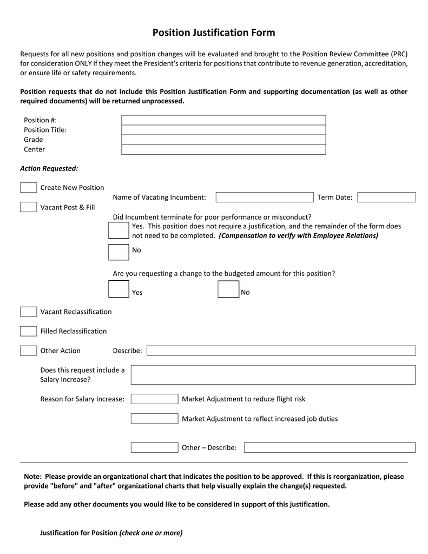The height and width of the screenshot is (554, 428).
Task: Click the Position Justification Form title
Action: click(x=213, y=33)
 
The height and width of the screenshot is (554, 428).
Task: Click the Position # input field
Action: click(x=223, y=120)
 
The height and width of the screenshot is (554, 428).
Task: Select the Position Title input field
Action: click(x=223, y=130)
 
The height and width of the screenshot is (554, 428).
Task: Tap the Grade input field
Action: click(x=223, y=140)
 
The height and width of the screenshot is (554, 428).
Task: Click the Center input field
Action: click(x=223, y=149)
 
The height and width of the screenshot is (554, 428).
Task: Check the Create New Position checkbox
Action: click(x=29, y=188)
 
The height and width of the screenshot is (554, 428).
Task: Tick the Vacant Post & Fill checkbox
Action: click(x=29, y=207)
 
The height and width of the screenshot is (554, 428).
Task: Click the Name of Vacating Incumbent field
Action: click(x=265, y=197)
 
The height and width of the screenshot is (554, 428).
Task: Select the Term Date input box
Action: click(x=386, y=197)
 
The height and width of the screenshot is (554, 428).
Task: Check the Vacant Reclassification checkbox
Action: click(x=29, y=312)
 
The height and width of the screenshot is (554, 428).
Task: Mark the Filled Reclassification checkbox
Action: click(x=29, y=331)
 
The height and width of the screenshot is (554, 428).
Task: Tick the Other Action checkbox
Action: click(x=29, y=351)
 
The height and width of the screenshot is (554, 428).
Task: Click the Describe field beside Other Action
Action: click(x=281, y=351)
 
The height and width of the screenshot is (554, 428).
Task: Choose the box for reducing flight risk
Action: click(x=154, y=399)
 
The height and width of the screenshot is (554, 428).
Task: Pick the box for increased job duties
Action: click(x=154, y=419)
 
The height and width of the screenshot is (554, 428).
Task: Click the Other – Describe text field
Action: click(x=330, y=447)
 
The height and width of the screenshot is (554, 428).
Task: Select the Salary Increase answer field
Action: click(x=273, y=374)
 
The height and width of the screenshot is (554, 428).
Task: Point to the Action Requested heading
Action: click(x=49, y=168)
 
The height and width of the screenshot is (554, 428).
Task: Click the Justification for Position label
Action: click(x=79, y=533)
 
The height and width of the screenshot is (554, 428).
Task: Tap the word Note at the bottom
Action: click(x=32, y=477)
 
